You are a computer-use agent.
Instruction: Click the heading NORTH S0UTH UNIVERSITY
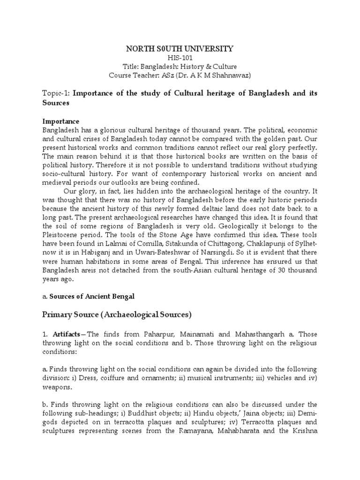[x=180, y=48]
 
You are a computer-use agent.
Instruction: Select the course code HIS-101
[x=180, y=58]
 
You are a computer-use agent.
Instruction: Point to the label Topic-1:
[x=56, y=93]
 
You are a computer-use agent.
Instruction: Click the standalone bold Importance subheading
[x=61, y=121]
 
